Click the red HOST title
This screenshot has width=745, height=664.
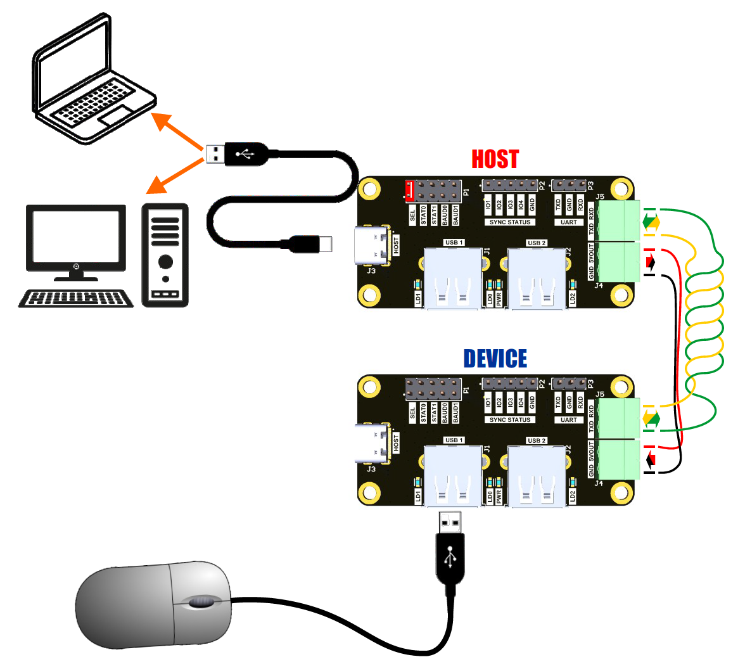pyautogui.click(x=495, y=159)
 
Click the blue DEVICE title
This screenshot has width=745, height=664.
pyautogui.click(x=495, y=359)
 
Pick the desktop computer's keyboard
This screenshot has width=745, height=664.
pyautogui.click(x=76, y=298)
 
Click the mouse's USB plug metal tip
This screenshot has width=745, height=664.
pyautogui.click(x=450, y=522)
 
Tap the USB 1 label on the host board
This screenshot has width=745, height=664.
pyautogui.click(x=454, y=243)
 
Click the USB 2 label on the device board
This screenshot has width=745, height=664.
pyautogui.click(x=536, y=440)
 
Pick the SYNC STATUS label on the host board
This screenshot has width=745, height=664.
pyautogui.click(x=510, y=222)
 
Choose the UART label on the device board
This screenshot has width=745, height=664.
pyautogui.click(x=569, y=419)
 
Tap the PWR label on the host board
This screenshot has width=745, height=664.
pyautogui.click(x=499, y=298)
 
